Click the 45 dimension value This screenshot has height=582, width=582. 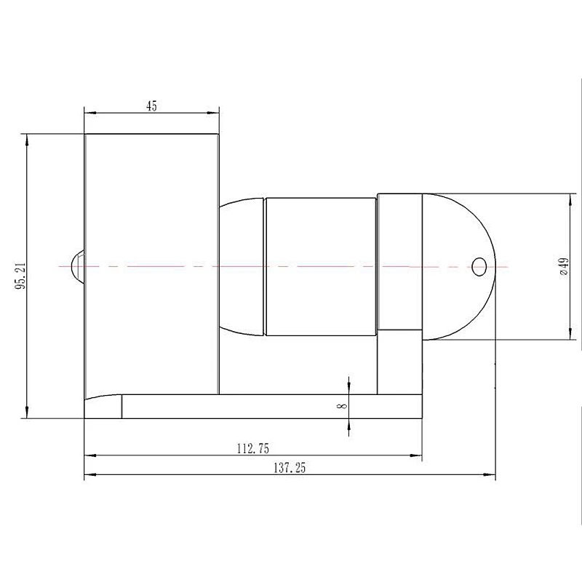(151, 106)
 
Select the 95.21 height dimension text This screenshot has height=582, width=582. (20, 276)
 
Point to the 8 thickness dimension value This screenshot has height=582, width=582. (342, 405)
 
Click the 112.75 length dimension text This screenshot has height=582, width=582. (252, 449)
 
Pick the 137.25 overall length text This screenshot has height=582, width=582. (290, 468)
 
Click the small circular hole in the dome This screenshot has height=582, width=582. (479, 267)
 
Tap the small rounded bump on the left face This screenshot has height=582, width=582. (78, 266)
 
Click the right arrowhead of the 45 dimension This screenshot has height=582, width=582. (213, 113)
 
